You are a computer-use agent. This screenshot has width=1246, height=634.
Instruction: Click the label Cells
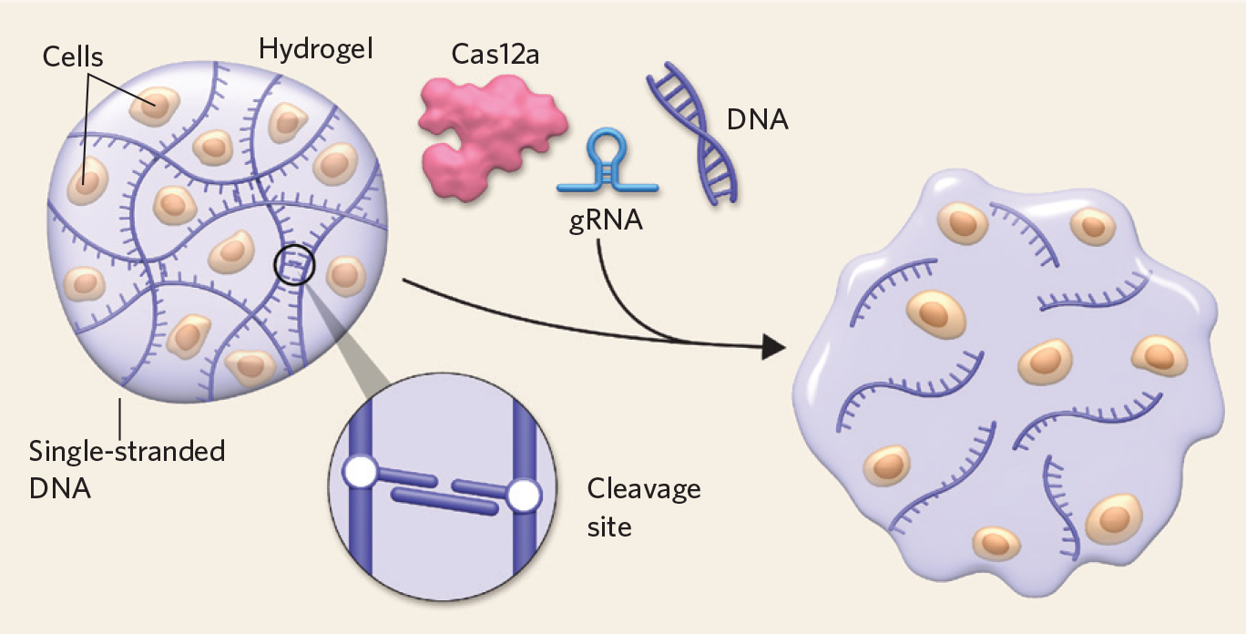tap(73, 57)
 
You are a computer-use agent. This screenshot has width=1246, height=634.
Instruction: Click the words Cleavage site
tap(643, 506)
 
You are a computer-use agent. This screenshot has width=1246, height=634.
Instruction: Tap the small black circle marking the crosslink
tap(294, 266)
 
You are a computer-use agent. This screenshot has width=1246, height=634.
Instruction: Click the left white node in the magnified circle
tap(360, 473)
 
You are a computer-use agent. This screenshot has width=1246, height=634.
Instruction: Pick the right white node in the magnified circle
tap(523, 496)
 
